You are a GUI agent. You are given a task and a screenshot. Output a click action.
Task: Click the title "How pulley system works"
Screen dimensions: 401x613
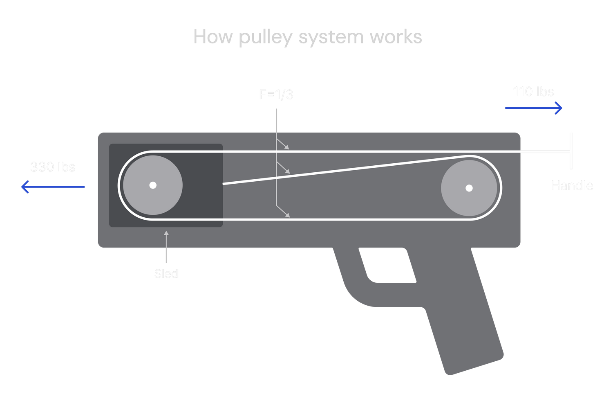point(307,37)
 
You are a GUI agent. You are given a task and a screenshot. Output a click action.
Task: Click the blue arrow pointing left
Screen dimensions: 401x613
point(53,187)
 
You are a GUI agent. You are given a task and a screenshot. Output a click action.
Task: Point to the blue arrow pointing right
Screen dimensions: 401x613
point(534,108)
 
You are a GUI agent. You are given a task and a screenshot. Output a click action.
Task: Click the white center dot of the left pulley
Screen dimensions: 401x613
point(153,185)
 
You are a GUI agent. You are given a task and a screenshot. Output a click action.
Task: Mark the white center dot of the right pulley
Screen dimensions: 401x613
point(469,188)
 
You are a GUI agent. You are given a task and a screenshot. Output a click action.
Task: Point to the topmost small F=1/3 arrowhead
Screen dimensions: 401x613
point(287,147)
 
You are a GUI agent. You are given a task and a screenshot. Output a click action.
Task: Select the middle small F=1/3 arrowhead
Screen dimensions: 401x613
point(288,171)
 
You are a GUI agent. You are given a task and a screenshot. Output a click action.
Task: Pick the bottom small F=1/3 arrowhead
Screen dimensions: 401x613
point(288,215)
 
